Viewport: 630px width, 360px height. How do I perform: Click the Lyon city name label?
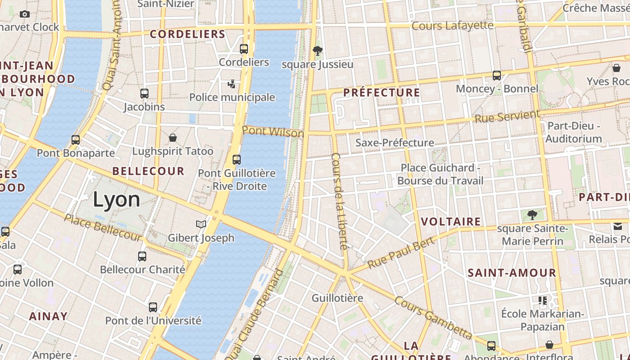coord(117,200)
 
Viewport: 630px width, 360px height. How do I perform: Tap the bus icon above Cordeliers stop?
coord(244,49)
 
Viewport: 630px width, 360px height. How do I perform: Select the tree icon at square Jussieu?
coord(317,50)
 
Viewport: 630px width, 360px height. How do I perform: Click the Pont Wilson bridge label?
coord(273,132)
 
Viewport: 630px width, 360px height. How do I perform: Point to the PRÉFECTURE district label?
coord(382,93)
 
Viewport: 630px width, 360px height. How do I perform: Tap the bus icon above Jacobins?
coord(144,94)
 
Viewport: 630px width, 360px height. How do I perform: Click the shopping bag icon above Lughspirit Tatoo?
coord(173,138)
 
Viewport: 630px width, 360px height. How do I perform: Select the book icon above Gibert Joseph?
coord(201,224)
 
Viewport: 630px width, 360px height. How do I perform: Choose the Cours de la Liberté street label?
coord(340,201)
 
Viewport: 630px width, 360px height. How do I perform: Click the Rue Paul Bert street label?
coord(401,252)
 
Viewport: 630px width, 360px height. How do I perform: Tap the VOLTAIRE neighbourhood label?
coord(451,221)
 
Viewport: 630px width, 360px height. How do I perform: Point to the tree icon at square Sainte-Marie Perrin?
coord(532,215)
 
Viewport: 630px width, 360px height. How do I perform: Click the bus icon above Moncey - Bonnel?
coord(497,75)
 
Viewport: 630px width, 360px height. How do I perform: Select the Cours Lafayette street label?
coord(452,26)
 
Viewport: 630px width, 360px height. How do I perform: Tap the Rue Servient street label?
coord(507,117)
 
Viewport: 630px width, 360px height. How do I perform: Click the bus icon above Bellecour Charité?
coord(142,256)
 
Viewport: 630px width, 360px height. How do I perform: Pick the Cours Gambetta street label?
coord(433,318)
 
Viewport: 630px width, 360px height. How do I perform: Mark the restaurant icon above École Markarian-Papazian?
coord(543,300)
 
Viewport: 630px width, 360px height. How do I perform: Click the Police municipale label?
coord(232,97)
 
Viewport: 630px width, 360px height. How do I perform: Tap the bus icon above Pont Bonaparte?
coord(76,140)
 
